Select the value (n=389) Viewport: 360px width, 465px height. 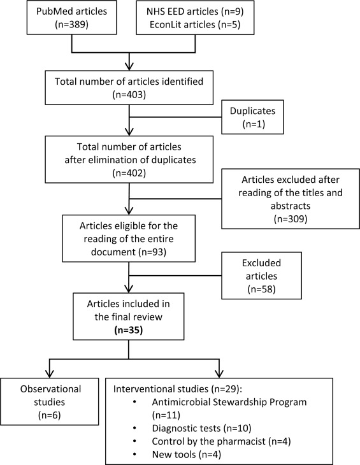coord(72,24)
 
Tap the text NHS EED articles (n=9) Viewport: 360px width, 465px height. coord(195,11)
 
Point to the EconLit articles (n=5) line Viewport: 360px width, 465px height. coord(195,24)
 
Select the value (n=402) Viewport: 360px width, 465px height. coord(129,173)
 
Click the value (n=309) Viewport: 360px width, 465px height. coord(291,219)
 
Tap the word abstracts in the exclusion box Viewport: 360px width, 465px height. coord(291,206)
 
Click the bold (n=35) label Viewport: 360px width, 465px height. coord(129,330)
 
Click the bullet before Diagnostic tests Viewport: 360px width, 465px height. coord(135,428)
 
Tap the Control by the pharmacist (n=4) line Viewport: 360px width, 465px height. coord(221,441)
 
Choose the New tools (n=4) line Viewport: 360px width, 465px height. coord(187,454)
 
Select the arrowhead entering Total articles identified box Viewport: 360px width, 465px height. coord(129,66)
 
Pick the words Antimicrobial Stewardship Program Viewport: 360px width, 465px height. coord(229,402)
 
